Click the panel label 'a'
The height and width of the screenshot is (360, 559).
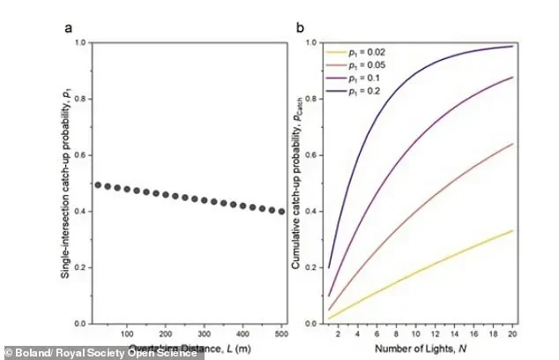[68, 27]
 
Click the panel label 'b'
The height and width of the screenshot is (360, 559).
[301, 27]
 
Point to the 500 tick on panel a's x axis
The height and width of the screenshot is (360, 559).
[281, 334]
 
